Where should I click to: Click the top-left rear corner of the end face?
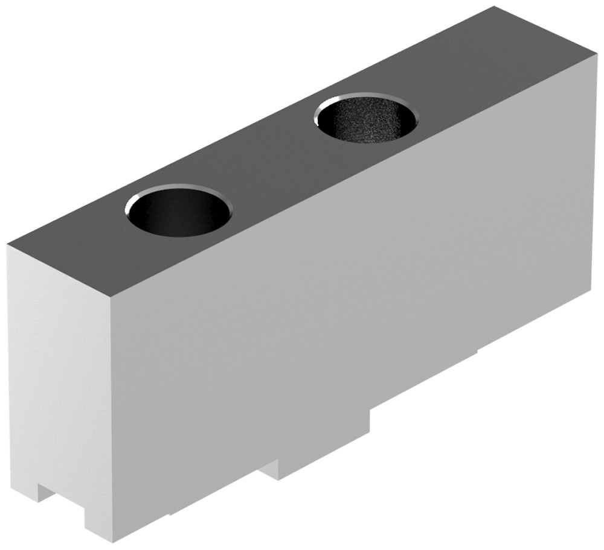(x=8, y=244)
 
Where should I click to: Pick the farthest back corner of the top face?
(x=494, y=7)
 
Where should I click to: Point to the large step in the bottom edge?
(x=370, y=416)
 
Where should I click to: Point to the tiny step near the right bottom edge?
(x=477, y=351)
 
